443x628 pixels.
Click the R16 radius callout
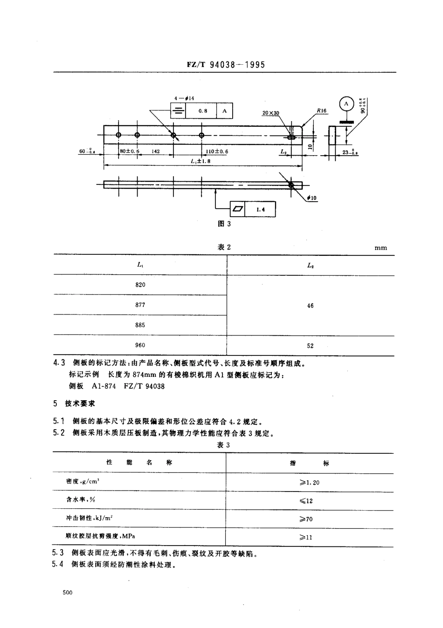pos(322,111)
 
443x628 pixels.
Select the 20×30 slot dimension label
pos(271,113)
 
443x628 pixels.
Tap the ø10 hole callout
pos(312,198)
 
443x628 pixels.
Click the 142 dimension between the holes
pos(156,151)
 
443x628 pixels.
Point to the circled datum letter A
pos(346,104)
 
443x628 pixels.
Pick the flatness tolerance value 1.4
pos(261,210)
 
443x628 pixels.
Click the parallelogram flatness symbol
pos(238,209)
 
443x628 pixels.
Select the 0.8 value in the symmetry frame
pos(203,111)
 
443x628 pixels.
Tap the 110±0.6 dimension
pos(217,151)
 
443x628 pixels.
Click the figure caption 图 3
pos(224,224)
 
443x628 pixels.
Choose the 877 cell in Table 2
pos(140,305)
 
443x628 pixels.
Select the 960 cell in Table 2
pos(140,345)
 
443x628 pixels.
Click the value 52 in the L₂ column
pos(311,346)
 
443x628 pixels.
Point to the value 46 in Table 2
pos(311,306)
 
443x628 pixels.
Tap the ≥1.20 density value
pos(310,482)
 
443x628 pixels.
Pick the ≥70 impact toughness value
pos(306,519)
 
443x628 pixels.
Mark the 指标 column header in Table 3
pos(310,463)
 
